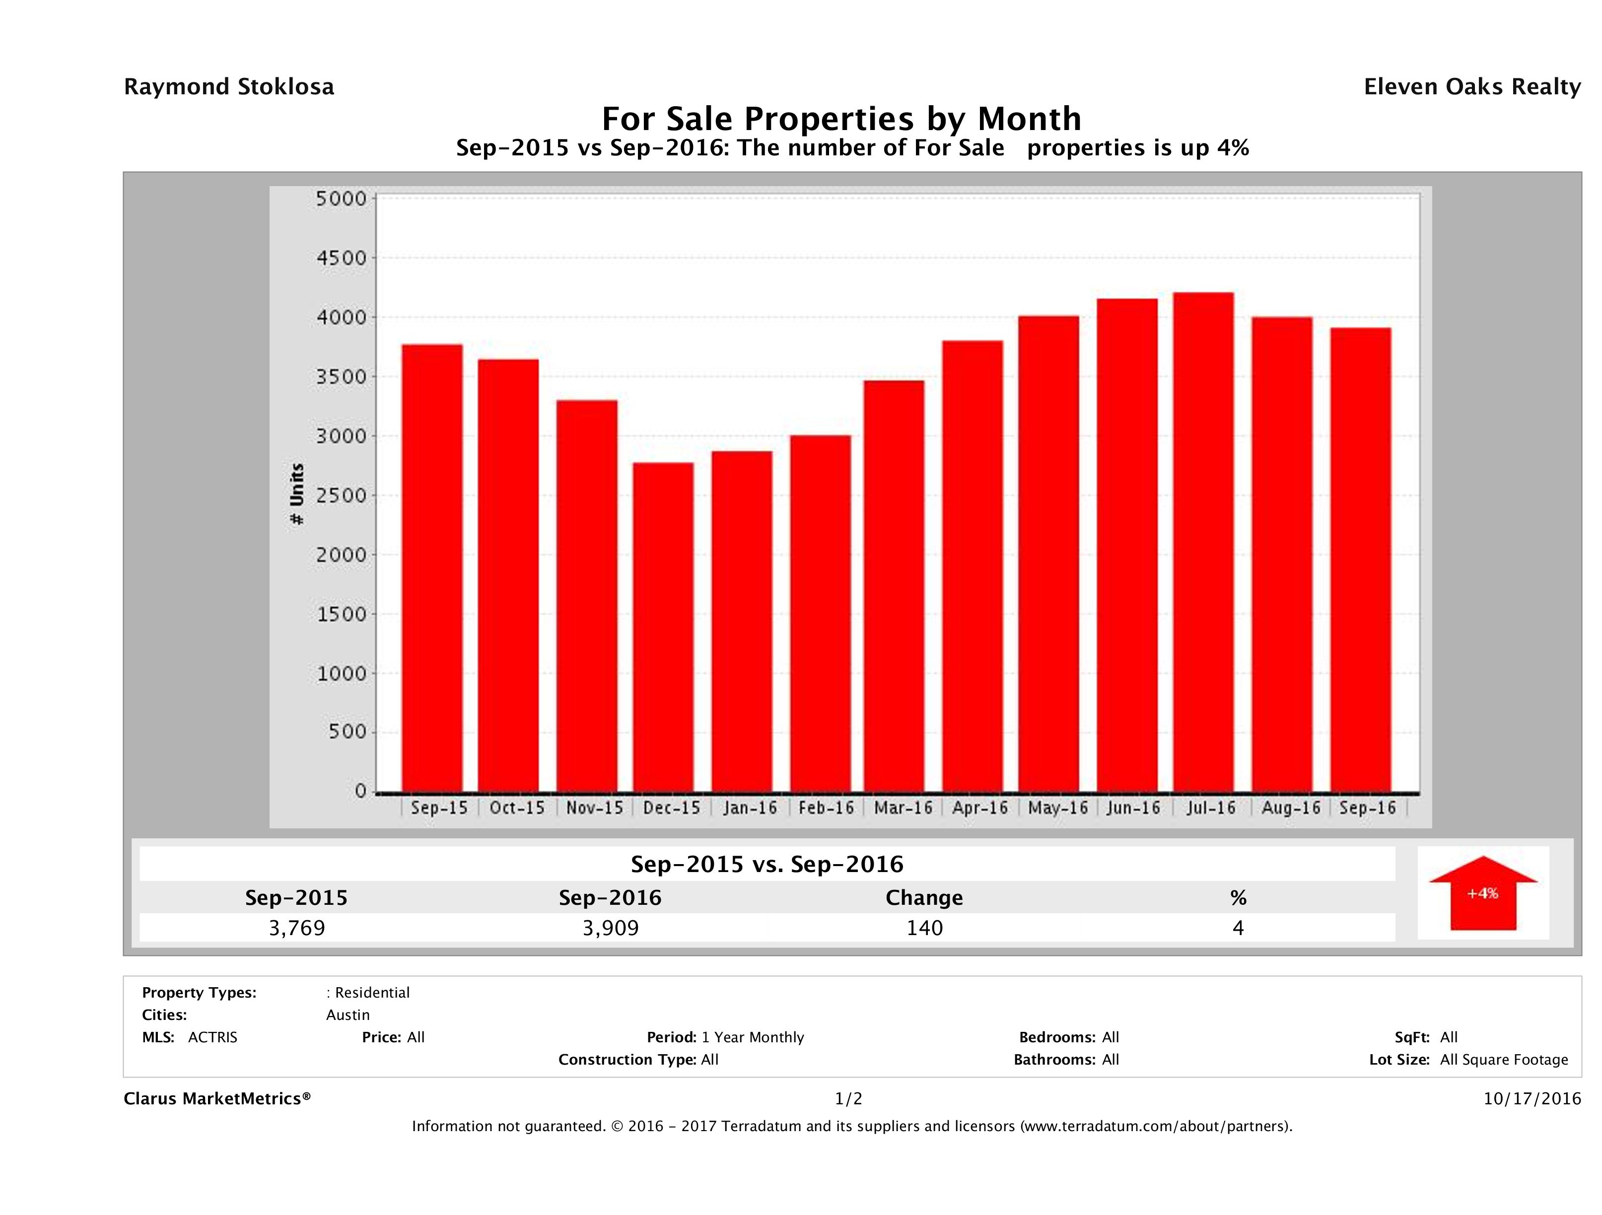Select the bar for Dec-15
663,627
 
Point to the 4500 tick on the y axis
341,258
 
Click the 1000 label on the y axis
341,674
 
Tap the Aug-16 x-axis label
1291,808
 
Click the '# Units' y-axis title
297,494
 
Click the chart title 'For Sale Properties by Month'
841,119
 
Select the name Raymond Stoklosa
229,87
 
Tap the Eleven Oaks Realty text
1471,87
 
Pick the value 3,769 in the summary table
297,928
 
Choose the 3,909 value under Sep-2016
611,928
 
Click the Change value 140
924,928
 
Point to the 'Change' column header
924,898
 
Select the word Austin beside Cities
348,1015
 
